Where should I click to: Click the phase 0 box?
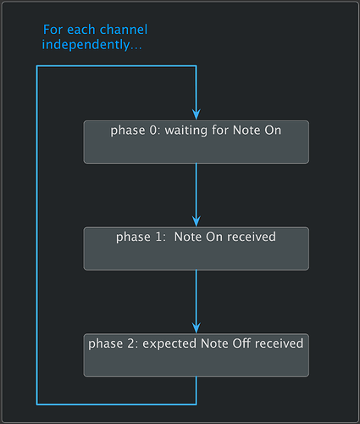pos(196,142)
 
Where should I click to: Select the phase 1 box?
pos(196,248)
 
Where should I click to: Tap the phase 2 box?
pos(196,355)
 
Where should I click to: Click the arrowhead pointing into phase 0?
pos(197,115)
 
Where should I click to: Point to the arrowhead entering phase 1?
pos(197,222)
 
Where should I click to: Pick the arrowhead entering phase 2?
pos(197,329)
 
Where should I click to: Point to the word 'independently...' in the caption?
pos(92,45)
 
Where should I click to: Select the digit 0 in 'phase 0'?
pos(150,131)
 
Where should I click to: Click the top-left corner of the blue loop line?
pos(37,66)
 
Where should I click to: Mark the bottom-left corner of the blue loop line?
pos(37,404)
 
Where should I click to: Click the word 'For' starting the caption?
pos(53,31)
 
